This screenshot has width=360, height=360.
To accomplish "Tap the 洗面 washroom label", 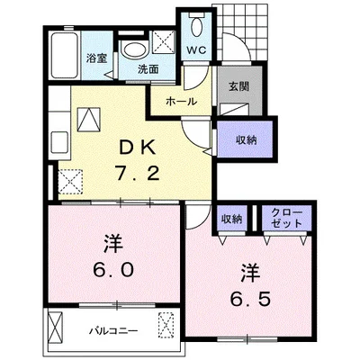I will [x=148, y=68].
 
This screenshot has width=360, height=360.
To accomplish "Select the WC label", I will [x=195, y=50].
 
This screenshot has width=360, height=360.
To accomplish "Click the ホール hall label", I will [x=181, y=101].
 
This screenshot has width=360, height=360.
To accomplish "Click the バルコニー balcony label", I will [x=113, y=331].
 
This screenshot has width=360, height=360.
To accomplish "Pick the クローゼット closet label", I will [x=285, y=217].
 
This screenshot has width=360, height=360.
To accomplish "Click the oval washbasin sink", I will [x=132, y=49].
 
